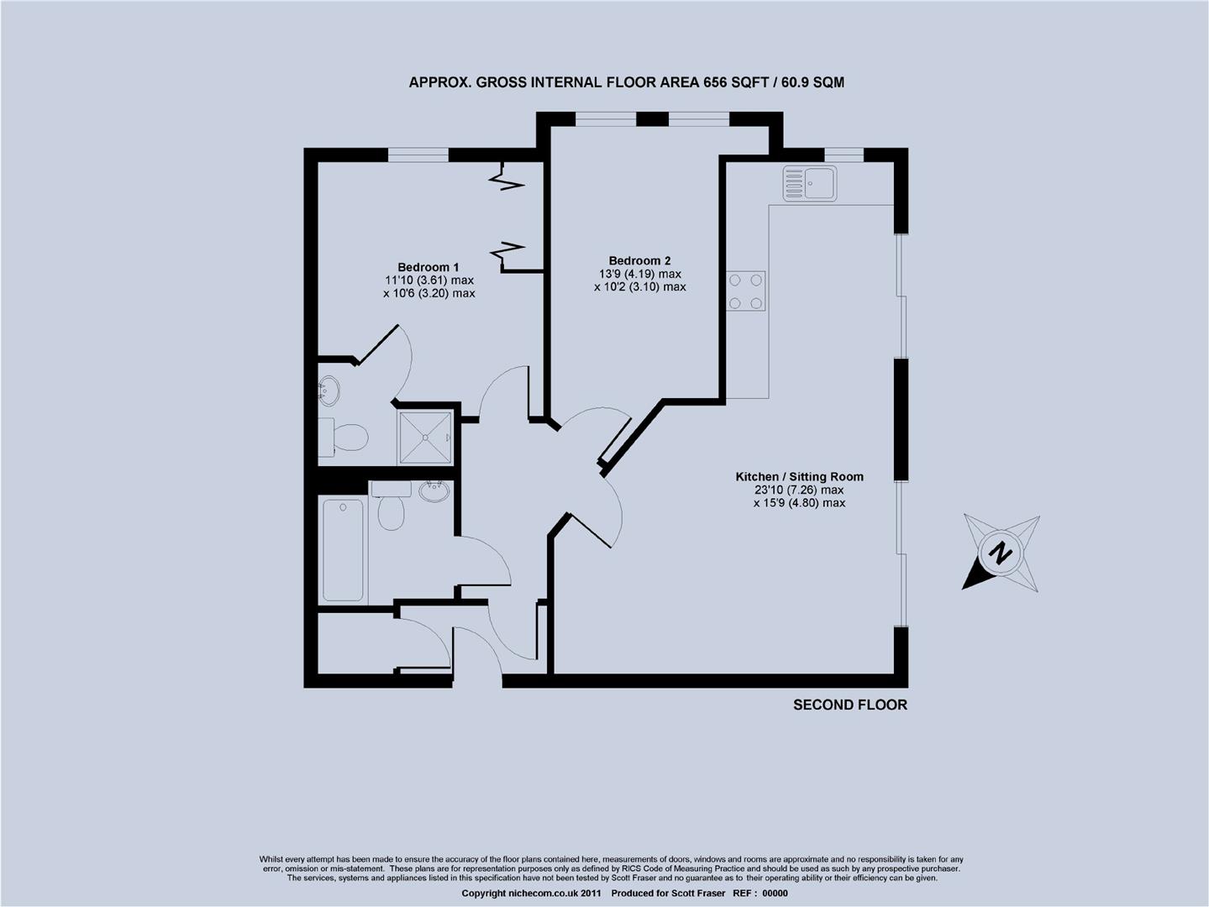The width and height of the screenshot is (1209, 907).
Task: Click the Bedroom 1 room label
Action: [428, 267]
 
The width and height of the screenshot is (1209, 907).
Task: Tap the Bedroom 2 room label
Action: [639, 260]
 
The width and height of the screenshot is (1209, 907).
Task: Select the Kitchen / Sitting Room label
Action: [799, 476]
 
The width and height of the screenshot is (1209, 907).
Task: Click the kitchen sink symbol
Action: [810, 183]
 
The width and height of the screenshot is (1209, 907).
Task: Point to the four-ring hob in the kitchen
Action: [746, 291]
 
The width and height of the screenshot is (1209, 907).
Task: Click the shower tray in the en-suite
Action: [426, 437]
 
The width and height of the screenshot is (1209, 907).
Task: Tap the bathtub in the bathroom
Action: [343, 550]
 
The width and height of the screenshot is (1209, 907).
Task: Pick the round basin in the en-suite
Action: [329, 390]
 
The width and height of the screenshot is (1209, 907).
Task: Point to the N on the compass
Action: [1000, 554]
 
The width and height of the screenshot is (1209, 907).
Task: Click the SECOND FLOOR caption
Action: [850, 705]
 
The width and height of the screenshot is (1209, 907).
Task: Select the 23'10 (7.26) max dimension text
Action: [799, 490]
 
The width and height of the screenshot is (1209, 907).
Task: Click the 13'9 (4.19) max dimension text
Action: [639, 274]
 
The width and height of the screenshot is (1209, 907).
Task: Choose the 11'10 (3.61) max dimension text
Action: [428, 280]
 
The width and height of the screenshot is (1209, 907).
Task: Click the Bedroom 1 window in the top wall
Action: [418, 154]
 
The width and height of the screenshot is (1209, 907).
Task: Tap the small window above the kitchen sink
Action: [844, 154]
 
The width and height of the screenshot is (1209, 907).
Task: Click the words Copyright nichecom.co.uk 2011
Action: [532, 894]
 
